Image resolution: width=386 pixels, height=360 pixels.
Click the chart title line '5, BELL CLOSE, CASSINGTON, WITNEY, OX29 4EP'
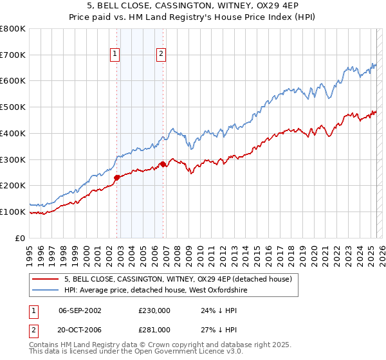193,7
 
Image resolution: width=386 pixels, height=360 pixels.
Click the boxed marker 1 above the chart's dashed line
115,55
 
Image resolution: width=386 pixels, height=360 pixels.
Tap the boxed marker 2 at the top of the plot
160,55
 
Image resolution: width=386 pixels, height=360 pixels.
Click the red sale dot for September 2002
116,177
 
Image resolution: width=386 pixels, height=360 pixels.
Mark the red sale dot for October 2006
163,165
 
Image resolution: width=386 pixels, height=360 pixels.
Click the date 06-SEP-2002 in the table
80,310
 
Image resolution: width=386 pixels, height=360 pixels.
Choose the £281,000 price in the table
154,329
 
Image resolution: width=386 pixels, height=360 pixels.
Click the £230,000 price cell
154,310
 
